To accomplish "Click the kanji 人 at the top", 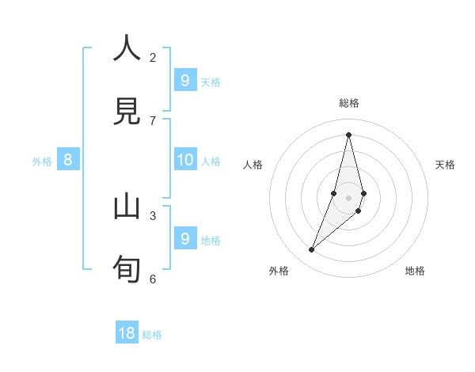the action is (127, 48).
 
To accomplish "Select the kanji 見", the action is (127, 112).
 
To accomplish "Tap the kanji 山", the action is (127, 207).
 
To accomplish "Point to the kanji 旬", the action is (127, 269).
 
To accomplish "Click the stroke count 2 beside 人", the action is (153, 57).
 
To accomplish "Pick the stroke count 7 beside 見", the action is (153, 120).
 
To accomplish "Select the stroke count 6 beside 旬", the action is (153, 279).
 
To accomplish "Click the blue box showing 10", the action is (184, 160).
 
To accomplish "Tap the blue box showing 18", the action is (127, 333).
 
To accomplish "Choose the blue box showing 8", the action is (68, 160).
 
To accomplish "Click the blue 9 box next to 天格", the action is (184, 81).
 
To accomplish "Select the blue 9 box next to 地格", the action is (184, 238).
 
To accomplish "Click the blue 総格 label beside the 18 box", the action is (152, 335).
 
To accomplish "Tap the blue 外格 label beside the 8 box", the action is (42, 161).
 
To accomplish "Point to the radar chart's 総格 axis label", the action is (349, 103).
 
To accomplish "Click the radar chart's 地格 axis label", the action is (415, 271).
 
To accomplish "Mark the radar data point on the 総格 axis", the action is (348, 135).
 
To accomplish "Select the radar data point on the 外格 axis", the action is (312, 250).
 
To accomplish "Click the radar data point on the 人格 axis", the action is (334, 193).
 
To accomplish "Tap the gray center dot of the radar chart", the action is (348, 198).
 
